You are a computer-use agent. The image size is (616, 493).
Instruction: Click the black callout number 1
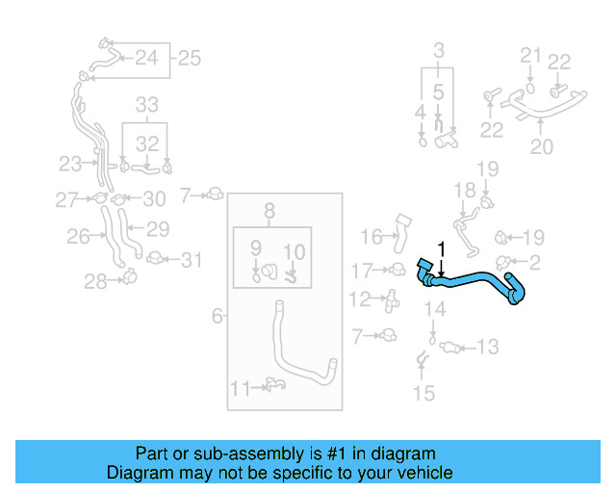(442, 249)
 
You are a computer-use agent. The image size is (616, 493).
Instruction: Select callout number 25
(189, 58)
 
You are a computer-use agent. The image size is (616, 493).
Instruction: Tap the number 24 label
(145, 58)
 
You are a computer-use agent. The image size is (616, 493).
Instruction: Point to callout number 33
(146, 104)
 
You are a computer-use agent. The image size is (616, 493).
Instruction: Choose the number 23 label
(70, 164)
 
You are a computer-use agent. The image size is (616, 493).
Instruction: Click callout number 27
(65, 199)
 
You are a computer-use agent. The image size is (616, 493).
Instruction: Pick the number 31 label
(192, 259)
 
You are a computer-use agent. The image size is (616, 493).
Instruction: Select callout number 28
(94, 281)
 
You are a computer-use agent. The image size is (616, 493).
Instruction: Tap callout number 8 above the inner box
(269, 211)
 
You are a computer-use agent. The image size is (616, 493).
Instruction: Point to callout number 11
(241, 389)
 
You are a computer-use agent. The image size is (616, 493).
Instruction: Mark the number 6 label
(218, 315)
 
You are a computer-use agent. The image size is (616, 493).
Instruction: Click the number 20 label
(542, 146)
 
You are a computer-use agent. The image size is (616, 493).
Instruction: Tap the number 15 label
(423, 393)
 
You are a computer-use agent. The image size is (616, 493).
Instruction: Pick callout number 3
(439, 49)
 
